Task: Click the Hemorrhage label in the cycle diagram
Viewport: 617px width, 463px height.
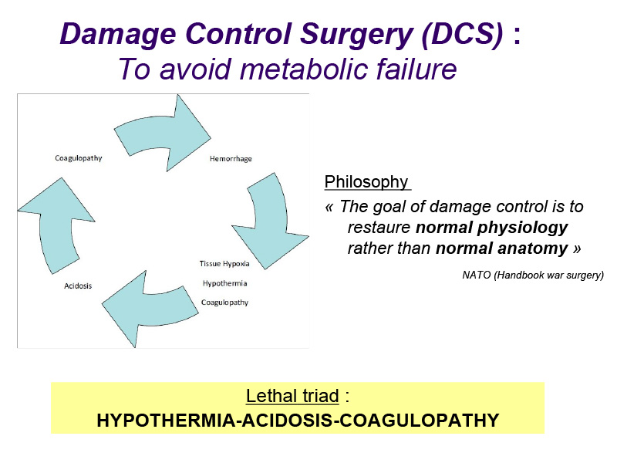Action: [x=231, y=159]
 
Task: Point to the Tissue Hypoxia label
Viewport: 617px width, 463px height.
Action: [x=224, y=264]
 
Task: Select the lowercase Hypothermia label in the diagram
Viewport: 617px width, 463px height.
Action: [x=224, y=283]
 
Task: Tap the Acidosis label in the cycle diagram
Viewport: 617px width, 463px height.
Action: [x=78, y=286]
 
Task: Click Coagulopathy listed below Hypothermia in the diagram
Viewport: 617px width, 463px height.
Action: [x=224, y=302]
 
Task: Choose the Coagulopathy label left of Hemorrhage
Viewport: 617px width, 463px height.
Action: [x=79, y=158]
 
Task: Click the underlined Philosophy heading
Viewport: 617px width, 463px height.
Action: [x=366, y=182]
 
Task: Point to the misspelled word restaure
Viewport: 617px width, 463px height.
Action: [x=379, y=228]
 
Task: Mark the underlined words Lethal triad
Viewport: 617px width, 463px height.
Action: [x=292, y=396]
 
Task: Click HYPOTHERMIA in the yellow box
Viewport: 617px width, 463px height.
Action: [x=166, y=421]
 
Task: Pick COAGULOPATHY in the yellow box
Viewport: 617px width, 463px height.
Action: [x=419, y=421]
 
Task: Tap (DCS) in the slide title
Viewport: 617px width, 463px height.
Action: [x=462, y=34]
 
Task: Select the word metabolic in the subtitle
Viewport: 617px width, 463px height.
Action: [x=305, y=69]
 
